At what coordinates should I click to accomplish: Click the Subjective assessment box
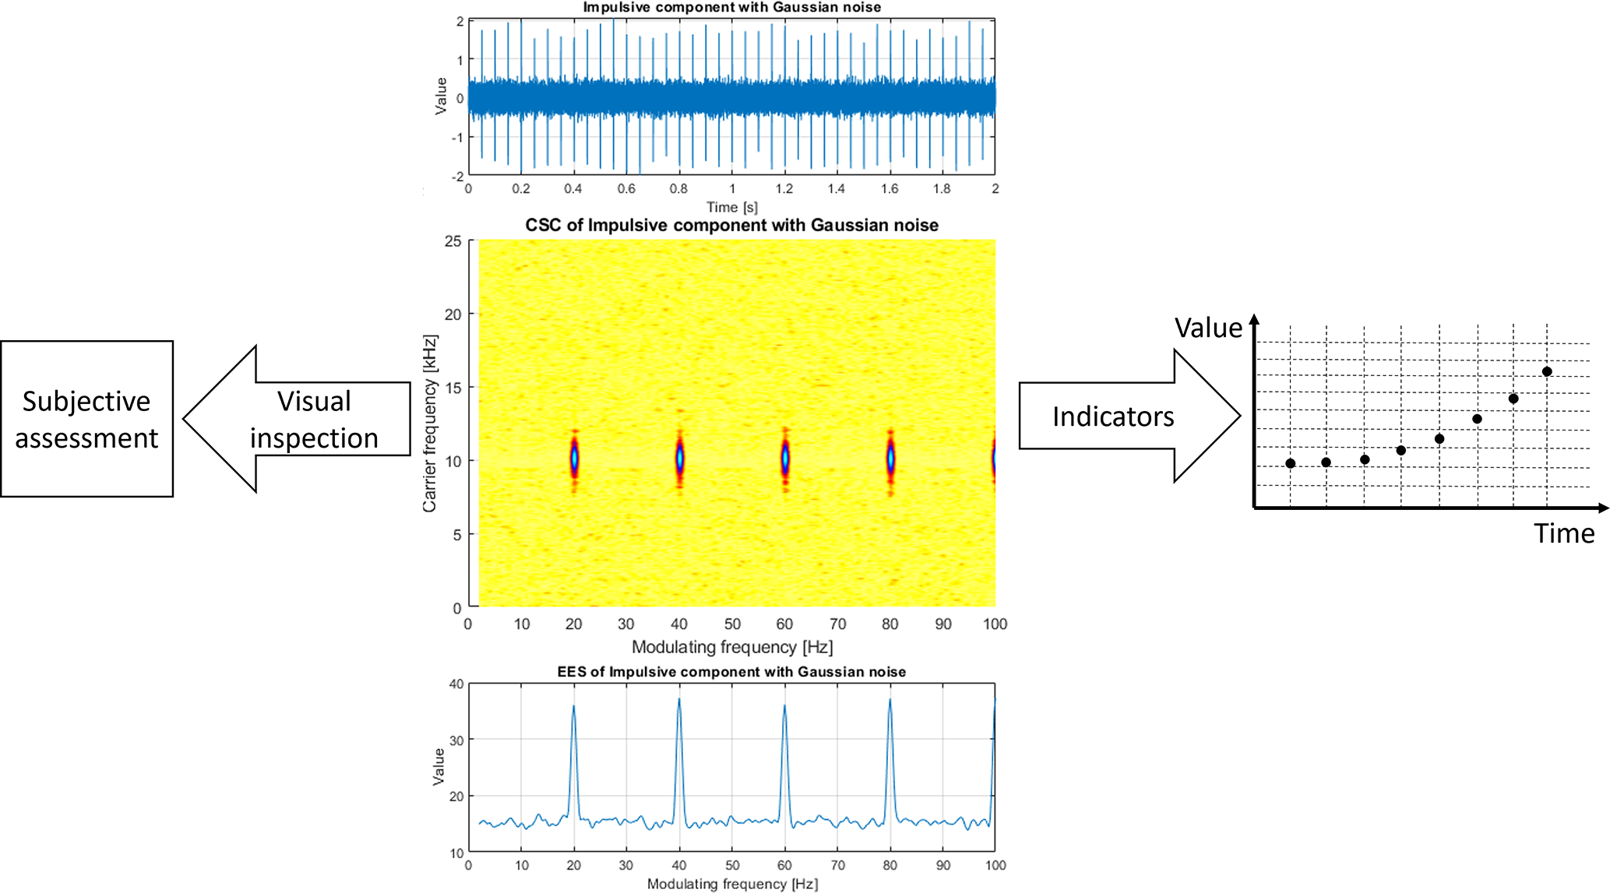[x=86, y=419]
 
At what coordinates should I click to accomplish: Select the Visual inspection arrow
[x=304, y=419]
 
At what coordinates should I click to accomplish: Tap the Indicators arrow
[x=1122, y=417]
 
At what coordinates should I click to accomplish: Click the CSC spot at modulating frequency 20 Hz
[x=574, y=459]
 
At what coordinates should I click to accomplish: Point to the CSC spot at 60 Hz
[x=785, y=459]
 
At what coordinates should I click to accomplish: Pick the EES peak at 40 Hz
[x=679, y=701]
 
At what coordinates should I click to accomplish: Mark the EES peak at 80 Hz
[x=890, y=701]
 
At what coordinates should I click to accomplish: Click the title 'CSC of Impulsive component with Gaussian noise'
[x=731, y=226]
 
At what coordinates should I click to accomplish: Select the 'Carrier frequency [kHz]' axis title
[x=429, y=424]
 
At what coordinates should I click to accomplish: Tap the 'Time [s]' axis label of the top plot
[x=731, y=207]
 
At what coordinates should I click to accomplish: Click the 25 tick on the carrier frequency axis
[x=453, y=241]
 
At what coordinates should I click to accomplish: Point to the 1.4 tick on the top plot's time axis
[x=837, y=188]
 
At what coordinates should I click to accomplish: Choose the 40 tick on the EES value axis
[x=456, y=684]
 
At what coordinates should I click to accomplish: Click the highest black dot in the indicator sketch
[x=1547, y=371]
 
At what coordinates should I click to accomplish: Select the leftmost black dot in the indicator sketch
[x=1291, y=463]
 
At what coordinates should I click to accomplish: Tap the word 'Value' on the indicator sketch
[x=1208, y=328]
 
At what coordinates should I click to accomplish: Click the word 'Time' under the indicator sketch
[x=1564, y=533]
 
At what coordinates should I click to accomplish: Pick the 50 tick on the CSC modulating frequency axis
[x=732, y=624]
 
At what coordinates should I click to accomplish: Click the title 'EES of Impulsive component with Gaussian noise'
[x=731, y=672]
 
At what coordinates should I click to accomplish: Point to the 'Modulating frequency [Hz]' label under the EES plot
[x=732, y=884]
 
